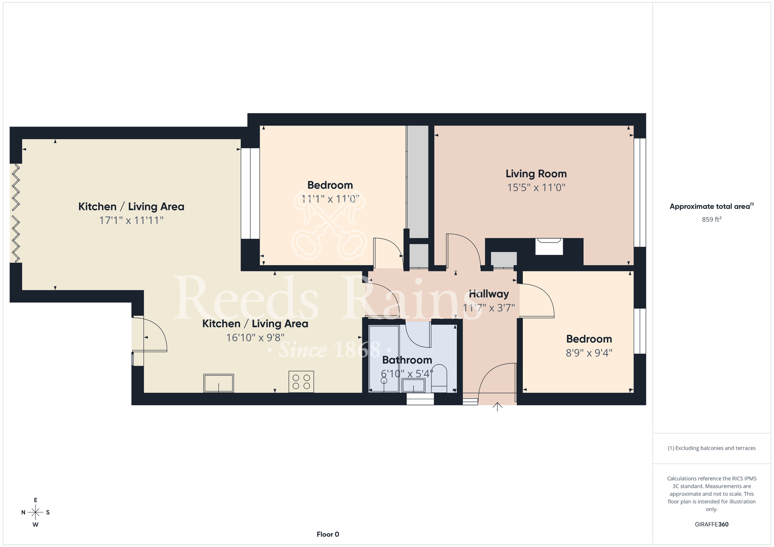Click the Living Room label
coord(536,174)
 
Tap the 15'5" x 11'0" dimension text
coord(536,188)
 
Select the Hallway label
coord(489,294)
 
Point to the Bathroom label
coord(407,360)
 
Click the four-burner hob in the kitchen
coord(301,381)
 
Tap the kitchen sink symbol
coord(219,383)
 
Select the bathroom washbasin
coord(414,385)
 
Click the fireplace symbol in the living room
coord(549,246)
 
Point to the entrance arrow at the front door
coord(497,407)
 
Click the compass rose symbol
coord(36,513)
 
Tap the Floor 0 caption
coord(328,535)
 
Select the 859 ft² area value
coord(712,219)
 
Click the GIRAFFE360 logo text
coord(712,525)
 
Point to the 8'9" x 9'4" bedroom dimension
coord(589,353)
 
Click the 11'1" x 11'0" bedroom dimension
coord(330,199)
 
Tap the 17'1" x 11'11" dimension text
coord(131,221)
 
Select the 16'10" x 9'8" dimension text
coord(255,338)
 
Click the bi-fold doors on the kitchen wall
coord(15,213)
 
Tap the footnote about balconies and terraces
coord(712,448)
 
